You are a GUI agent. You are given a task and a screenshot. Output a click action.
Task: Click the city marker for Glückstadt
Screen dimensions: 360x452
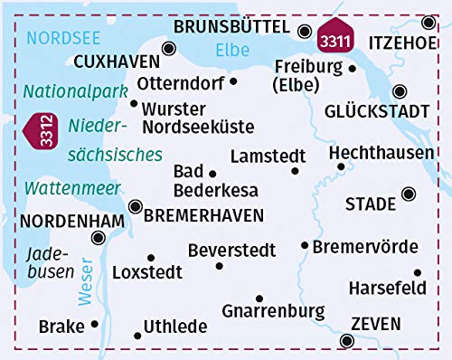[x=400, y=90]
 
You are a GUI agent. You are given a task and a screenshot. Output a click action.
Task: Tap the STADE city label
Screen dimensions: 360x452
[x=371, y=204]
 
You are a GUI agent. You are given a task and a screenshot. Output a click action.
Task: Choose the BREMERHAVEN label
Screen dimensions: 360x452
[x=204, y=215]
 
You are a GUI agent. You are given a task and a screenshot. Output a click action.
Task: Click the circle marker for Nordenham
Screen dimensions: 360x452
[x=99, y=238]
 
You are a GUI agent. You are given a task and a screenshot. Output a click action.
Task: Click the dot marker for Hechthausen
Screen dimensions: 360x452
[x=341, y=166]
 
